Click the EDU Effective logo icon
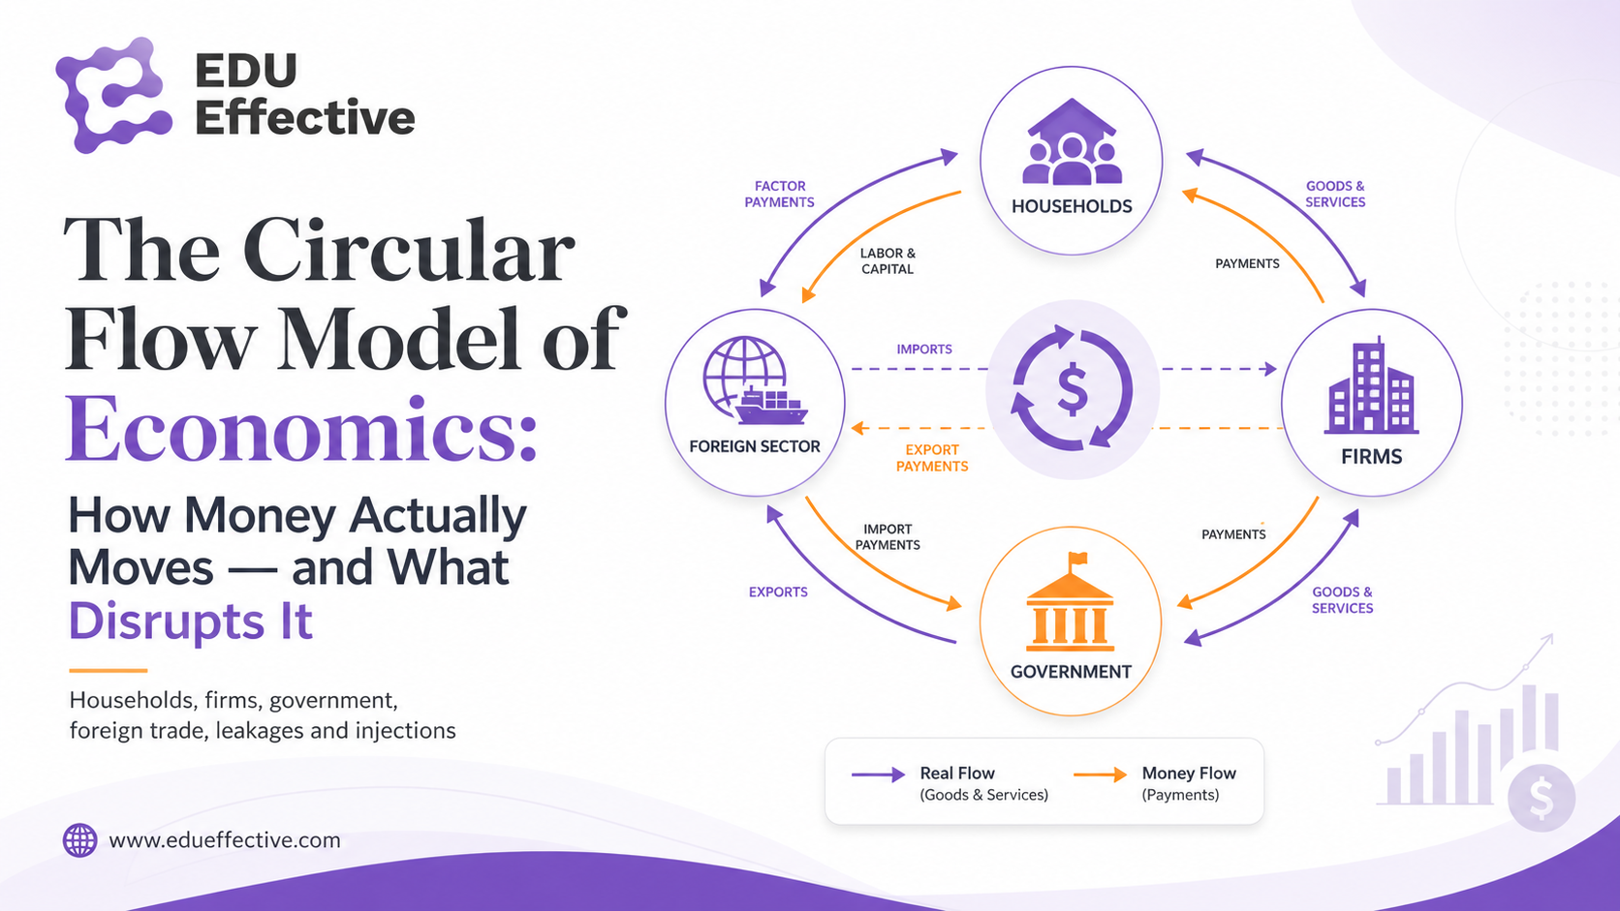coord(113,95)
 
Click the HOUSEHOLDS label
coord(1072,206)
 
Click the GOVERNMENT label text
coord(1071,672)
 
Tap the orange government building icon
coord(1071,602)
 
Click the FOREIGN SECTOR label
coord(755,446)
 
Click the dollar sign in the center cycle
coord(1073,389)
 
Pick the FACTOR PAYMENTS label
coord(780,195)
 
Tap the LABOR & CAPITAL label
coord(888,260)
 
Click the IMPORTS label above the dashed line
coord(924,349)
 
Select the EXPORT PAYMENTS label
coord(932,458)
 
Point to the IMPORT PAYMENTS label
coord(888,536)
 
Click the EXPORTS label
coord(778,592)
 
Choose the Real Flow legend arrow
coord(878,774)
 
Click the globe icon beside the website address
coord(79,840)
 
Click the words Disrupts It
coord(190,621)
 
